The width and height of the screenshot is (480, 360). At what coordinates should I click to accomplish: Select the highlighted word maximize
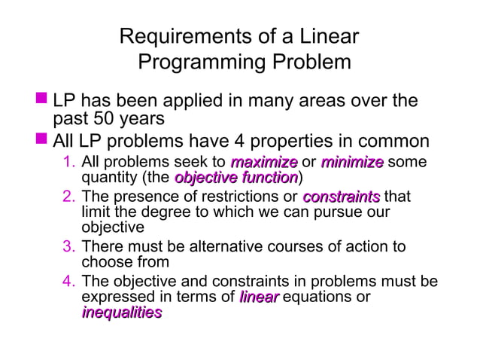click(263, 163)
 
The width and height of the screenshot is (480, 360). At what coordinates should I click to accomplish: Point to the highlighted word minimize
click(352, 163)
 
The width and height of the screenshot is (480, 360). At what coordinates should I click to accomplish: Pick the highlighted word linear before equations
click(259, 297)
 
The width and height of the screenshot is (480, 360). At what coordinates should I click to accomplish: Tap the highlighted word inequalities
click(121, 313)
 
